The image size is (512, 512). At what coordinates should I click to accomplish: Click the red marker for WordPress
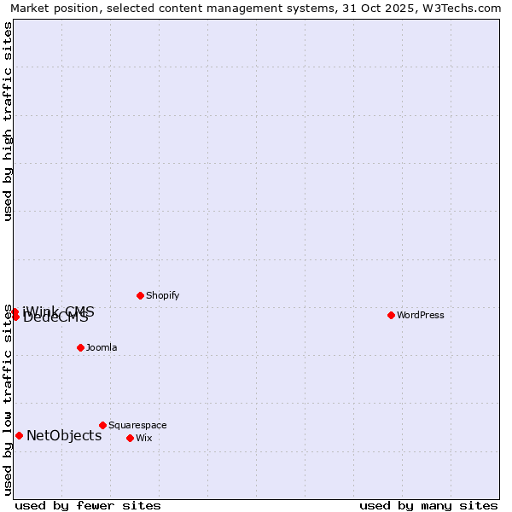click(x=391, y=315)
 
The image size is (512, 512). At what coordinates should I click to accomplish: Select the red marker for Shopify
click(x=140, y=295)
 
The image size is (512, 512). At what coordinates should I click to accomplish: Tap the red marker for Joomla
click(x=80, y=347)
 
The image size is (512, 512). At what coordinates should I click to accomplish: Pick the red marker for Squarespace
click(x=102, y=425)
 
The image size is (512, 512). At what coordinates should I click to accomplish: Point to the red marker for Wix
click(x=130, y=438)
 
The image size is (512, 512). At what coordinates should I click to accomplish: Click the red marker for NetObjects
click(x=19, y=435)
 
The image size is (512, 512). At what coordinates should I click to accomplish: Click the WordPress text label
click(x=421, y=316)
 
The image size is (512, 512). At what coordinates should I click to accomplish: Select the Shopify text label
click(x=162, y=296)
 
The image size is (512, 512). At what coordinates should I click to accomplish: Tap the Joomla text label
click(x=102, y=348)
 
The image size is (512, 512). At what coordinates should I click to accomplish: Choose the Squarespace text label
click(x=137, y=426)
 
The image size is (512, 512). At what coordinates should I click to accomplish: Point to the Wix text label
click(x=143, y=439)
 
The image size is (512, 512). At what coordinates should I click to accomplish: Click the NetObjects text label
click(x=64, y=436)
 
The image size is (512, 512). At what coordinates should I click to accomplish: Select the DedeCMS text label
click(x=55, y=319)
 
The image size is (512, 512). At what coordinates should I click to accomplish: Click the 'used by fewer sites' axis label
click(x=88, y=505)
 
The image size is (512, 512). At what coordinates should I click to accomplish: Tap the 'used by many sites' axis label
click(x=428, y=505)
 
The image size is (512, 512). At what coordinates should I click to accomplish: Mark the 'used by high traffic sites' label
click(x=8, y=121)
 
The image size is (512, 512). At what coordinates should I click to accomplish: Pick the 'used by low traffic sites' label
click(x=8, y=399)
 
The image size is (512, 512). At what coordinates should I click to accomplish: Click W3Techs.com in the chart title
click(x=459, y=8)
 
